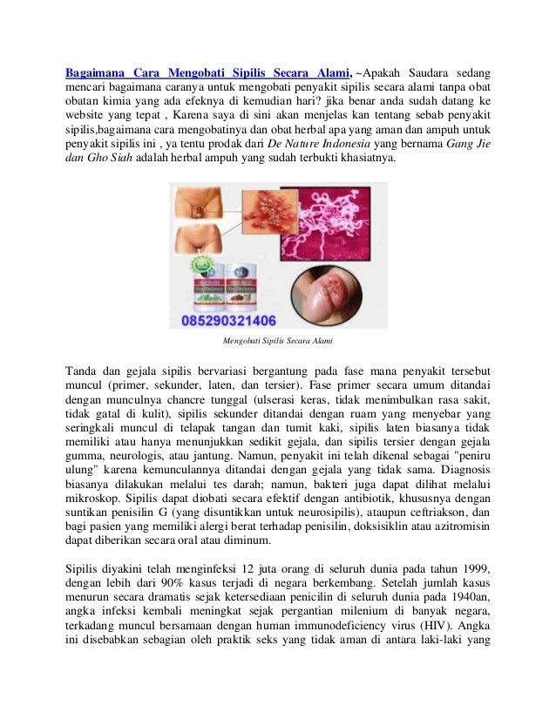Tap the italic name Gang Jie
[x=467, y=142]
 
